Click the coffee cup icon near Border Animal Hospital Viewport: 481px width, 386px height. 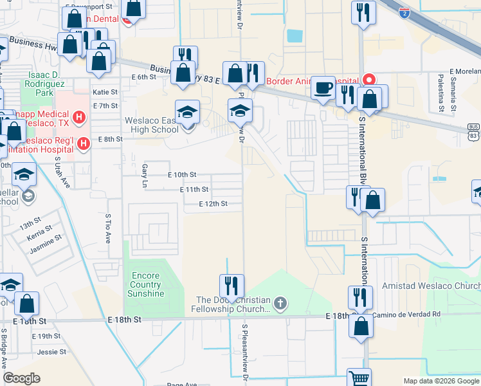[x=323, y=87]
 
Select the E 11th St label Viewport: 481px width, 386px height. [x=194, y=189]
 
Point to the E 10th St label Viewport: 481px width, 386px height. [x=181, y=174]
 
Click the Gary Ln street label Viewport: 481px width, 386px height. [x=144, y=175]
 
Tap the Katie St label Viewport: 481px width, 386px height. [x=105, y=92]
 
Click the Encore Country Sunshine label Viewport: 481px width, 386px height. [x=145, y=285]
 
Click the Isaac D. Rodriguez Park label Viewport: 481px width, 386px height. [x=48, y=84]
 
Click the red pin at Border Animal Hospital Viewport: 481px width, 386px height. [x=369, y=80]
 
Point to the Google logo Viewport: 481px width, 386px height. [x=22, y=378]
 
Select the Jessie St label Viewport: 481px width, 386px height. [x=51, y=352]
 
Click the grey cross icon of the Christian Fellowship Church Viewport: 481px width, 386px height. [x=280, y=302]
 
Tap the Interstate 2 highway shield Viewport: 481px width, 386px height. [x=404, y=12]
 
